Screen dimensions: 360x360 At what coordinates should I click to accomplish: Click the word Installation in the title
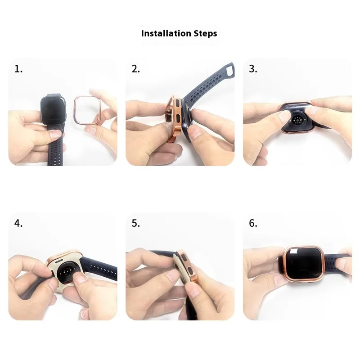[x=166, y=33]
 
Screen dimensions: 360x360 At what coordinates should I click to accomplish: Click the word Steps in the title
[x=205, y=34]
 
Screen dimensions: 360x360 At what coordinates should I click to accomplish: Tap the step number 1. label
[x=18, y=69]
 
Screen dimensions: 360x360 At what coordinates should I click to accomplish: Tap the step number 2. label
[x=136, y=69]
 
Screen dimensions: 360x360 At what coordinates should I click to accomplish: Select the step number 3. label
[x=253, y=69]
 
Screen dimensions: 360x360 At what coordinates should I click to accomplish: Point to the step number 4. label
[x=18, y=223]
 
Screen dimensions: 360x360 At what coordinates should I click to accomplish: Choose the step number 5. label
[x=136, y=223]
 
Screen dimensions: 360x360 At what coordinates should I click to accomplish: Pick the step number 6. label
[x=253, y=223]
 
